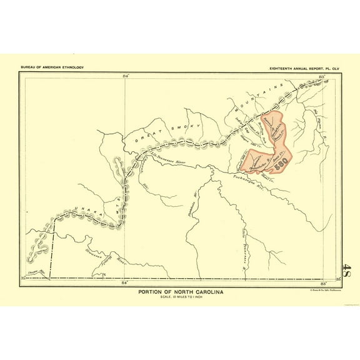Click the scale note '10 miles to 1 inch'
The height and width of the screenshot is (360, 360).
click(180, 297)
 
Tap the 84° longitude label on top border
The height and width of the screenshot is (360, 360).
click(126, 75)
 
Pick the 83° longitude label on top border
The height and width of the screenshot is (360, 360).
click(321, 75)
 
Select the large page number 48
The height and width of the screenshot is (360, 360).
click(347, 274)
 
